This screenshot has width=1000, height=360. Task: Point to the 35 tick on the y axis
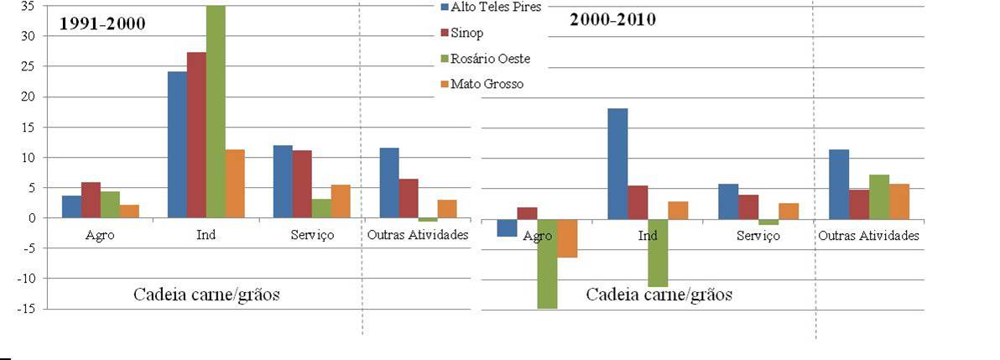coord(29,6)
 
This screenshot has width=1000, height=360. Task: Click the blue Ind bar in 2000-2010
coord(617,164)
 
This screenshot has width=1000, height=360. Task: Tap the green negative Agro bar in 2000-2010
coord(547,263)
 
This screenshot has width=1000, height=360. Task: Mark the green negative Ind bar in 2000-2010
coord(658,253)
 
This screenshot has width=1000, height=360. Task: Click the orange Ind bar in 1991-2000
coord(235,184)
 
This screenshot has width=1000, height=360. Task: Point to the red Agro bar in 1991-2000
coord(91,200)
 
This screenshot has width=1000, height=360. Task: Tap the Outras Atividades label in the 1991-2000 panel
coord(418,234)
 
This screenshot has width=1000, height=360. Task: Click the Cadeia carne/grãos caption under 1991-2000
coord(206,295)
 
